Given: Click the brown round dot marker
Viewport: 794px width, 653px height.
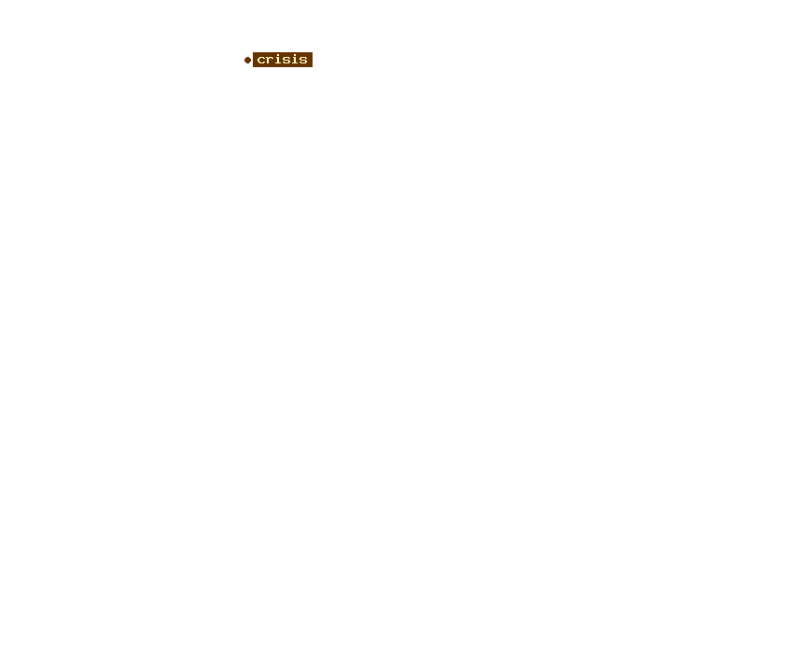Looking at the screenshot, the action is (247, 61).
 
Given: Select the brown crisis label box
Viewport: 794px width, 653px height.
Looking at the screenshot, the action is (283, 60).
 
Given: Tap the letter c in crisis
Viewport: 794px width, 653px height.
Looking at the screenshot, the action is (261, 61).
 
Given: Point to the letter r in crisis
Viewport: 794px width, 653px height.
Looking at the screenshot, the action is (270, 61).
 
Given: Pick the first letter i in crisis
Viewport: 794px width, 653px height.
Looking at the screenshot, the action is (278, 60).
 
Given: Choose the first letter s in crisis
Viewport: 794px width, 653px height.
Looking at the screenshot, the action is (286, 61).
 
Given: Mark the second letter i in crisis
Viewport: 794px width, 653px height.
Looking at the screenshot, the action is (295, 60).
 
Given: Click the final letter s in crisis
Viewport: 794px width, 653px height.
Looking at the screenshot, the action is (303, 61).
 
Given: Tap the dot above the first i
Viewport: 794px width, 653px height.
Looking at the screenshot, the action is (278, 55).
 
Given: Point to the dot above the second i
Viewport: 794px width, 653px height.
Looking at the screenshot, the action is (295, 55).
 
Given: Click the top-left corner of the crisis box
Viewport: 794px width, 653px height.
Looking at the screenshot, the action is (253, 52).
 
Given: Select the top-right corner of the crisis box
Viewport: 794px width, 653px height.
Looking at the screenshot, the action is (313, 52).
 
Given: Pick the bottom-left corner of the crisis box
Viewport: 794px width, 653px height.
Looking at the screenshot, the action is (253, 67).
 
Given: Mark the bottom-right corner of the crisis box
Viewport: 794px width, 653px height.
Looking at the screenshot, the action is (313, 67).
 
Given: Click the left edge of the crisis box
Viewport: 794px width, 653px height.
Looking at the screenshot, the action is (253, 60).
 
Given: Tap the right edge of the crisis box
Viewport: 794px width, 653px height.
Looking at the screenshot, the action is (313, 60).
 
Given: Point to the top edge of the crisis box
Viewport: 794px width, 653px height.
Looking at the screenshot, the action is (283, 52).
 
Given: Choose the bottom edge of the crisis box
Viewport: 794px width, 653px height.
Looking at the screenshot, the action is (283, 67).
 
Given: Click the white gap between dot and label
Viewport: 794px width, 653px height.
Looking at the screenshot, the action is (252, 61).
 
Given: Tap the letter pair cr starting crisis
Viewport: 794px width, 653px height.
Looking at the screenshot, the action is (266, 61).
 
